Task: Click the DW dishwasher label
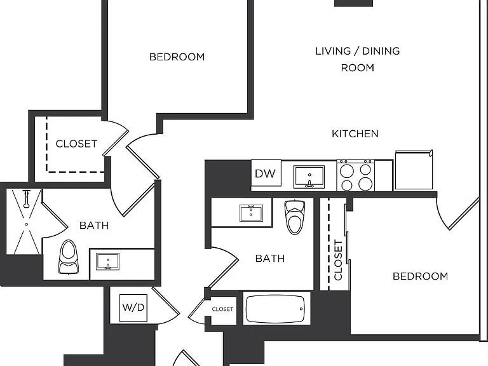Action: click(x=265, y=173)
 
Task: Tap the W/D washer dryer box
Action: click(x=133, y=308)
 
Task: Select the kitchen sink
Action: click(x=309, y=177)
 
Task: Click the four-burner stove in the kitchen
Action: click(x=356, y=175)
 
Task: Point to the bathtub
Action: click(x=275, y=309)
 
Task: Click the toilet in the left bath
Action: click(x=68, y=257)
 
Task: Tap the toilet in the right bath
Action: click(x=295, y=217)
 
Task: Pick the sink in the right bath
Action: click(x=251, y=213)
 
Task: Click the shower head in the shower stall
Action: click(x=27, y=199)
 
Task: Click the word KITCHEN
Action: click(x=355, y=134)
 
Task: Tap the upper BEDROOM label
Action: click(x=177, y=57)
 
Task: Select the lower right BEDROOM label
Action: click(x=420, y=276)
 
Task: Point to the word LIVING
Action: click(x=333, y=51)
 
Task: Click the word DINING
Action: click(x=381, y=51)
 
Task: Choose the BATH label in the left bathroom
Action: click(x=94, y=226)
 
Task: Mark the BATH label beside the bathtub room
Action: click(x=270, y=259)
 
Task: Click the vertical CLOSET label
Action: click(x=338, y=259)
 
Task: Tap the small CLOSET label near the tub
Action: click(x=222, y=309)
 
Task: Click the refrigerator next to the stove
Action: click(x=414, y=170)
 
